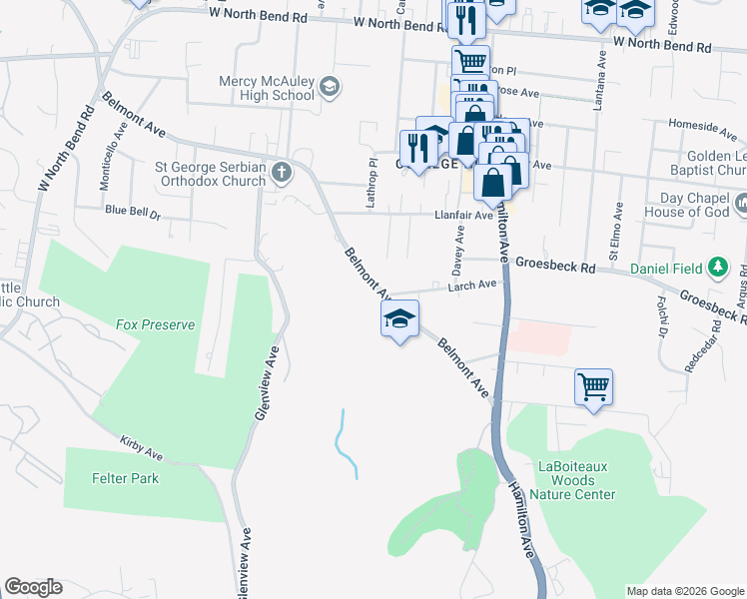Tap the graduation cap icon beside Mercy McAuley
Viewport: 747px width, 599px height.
pos(329,89)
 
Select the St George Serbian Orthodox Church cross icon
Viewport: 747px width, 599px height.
pos(283,173)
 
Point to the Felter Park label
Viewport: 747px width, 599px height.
pos(125,478)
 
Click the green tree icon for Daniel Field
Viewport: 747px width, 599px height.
pos(716,268)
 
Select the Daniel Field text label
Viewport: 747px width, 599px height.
pos(665,269)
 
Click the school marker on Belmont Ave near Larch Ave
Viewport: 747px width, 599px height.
pos(399,319)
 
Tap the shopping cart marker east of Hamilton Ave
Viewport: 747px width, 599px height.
pos(593,385)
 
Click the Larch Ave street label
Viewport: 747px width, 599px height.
pos(472,285)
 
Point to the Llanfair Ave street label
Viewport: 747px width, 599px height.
pos(463,215)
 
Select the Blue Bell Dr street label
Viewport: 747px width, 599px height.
pos(133,212)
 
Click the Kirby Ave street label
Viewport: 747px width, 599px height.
pos(141,443)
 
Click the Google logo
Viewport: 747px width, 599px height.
pos(33,587)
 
